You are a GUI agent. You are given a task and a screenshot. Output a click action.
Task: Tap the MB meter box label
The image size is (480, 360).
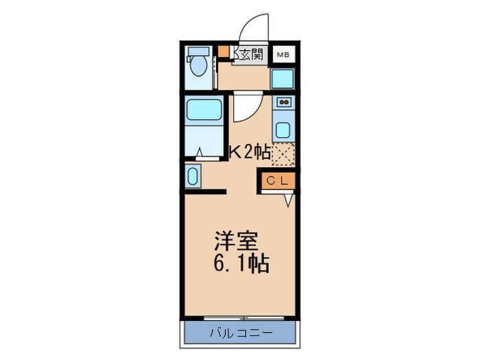click(x=283, y=54)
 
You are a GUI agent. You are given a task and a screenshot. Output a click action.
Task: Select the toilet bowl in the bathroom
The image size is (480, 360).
click(x=200, y=65)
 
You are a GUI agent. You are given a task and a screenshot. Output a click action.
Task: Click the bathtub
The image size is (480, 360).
click(x=203, y=110)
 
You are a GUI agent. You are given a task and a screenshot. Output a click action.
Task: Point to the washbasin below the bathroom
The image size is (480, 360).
click(x=192, y=176)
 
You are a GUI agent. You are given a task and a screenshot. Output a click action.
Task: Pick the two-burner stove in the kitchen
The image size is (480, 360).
click(x=283, y=103)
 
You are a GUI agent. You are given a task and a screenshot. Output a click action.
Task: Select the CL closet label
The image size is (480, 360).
click(x=278, y=180)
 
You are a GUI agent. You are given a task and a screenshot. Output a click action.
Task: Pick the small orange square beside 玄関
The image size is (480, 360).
click(x=224, y=51)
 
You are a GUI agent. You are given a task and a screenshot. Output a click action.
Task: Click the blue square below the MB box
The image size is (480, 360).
click(x=282, y=79)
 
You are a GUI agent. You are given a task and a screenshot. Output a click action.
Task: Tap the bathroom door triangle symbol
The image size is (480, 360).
click(x=200, y=154)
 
